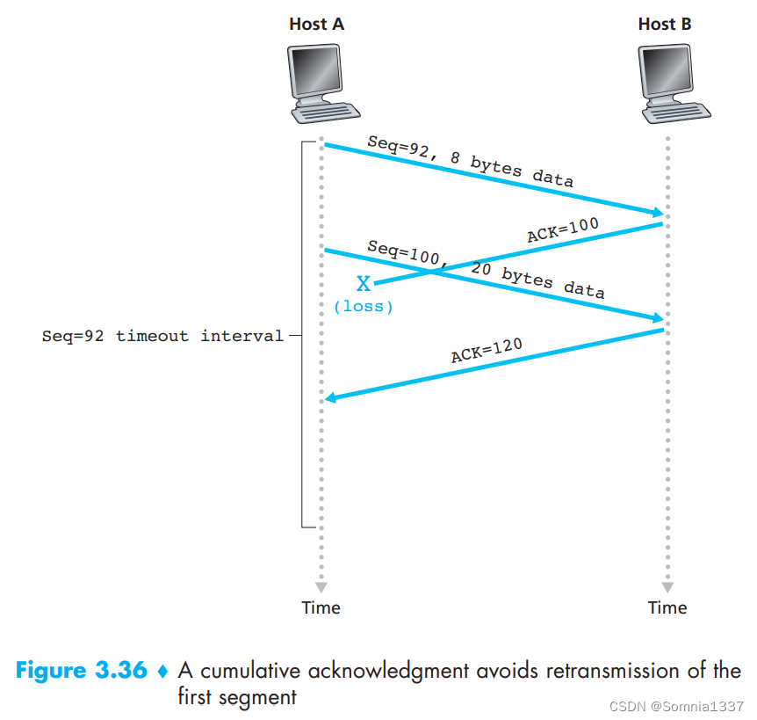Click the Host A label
(x=316, y=24)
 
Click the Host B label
(x=664, y=24)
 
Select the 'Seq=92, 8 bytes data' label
(x=470, y=160)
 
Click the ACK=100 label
(x=563, y=230)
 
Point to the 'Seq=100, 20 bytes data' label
(x=486, y=268)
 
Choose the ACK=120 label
(x=487, y=350)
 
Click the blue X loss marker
(x=363, y=284)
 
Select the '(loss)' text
(x=363, y=307)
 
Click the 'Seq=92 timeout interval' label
(x=162, y=336)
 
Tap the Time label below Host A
(x=321, y=607)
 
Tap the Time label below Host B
(x=667, y=607)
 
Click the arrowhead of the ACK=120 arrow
(x=331, y=398)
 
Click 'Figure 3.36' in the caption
(x=82, y=671)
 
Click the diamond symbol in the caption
(x=161, y=672)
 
